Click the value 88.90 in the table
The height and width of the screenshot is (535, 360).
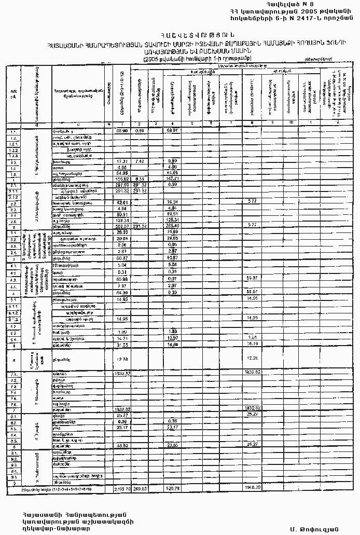pyautogui.click(x=122, y=130)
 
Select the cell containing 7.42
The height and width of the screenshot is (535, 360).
pyautogui.click(x=139, y=162)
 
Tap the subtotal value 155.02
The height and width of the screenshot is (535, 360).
pyautogui.click(x=122, y=179)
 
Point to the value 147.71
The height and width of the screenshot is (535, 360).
pyautogui.click(x=173, y=179)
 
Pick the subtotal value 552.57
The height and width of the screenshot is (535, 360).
pyautogui.click(x=122, y=226)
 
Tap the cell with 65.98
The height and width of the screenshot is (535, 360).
pyautogui.click(x=122, y=279)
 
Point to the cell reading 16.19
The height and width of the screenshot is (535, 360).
pyautogui.click(x=252, y=344)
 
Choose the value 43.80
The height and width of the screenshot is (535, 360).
pyautogui.click(x=122, y=445)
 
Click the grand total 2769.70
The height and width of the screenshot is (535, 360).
pyautogui.click(x=122, y=488)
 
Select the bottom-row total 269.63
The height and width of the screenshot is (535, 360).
pyautogui.click(x=140, y=488)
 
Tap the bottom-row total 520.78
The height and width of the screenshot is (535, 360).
pyautogui.click(x=173, y=488)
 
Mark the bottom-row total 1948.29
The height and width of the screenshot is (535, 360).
pyautogui.click(x=252, y=488)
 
